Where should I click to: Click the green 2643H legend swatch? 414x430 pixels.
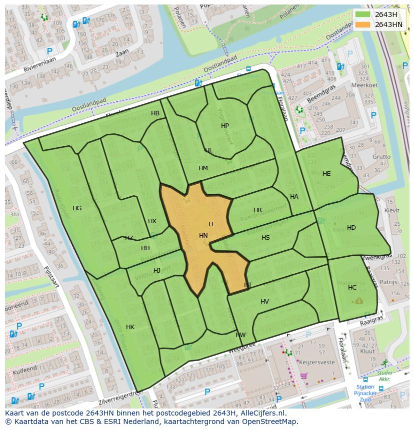363,14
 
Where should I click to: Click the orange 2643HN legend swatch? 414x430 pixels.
363,24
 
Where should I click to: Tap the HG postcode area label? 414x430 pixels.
77,208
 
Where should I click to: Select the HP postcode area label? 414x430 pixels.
225,126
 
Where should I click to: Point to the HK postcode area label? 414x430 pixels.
130,327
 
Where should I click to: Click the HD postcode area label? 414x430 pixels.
351,228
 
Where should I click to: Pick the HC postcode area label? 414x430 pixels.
352,288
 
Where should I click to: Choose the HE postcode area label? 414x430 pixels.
326,174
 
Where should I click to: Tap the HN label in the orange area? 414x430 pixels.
203,235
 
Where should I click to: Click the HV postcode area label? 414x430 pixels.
264,302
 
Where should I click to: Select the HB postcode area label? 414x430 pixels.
155,113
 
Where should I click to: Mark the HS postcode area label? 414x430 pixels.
265,238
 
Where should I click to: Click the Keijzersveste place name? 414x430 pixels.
317,361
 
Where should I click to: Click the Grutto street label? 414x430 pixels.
381,157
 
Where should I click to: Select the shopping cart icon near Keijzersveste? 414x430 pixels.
303,376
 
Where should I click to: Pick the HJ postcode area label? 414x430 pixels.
157,271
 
